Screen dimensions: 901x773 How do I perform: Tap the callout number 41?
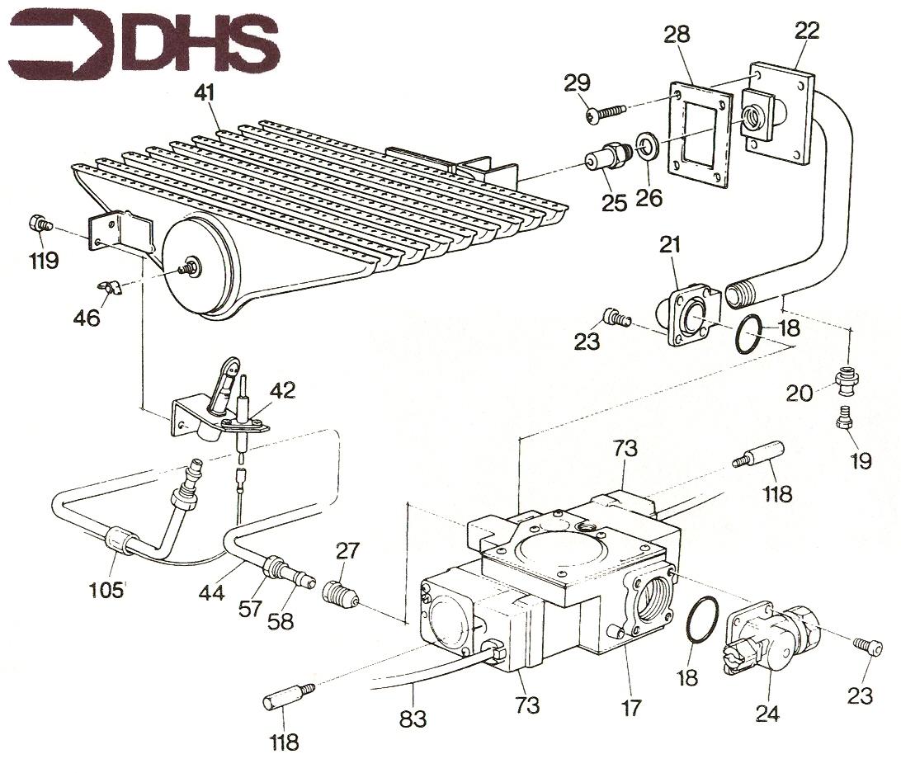tap(205, 92)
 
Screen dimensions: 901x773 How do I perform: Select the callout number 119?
tap(45, 261)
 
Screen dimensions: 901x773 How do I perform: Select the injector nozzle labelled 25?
tap(607, 155)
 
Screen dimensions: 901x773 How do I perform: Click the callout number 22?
tap(807, 30)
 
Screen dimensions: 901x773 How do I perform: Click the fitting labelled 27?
tap(341, 593)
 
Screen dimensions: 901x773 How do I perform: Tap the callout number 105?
tap(107, 590)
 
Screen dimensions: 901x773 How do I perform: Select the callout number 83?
tap(413, 719)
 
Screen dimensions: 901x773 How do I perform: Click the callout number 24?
tap(767, 714)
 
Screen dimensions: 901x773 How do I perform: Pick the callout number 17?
tap(630, 708)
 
